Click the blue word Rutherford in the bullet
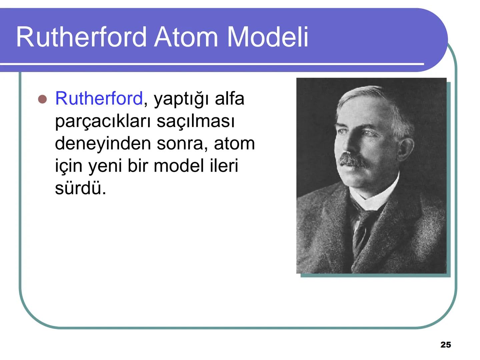(99, 98)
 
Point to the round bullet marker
(42, 99)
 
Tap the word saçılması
(196, 121)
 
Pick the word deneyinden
(103, 143)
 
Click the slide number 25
(446, 345)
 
